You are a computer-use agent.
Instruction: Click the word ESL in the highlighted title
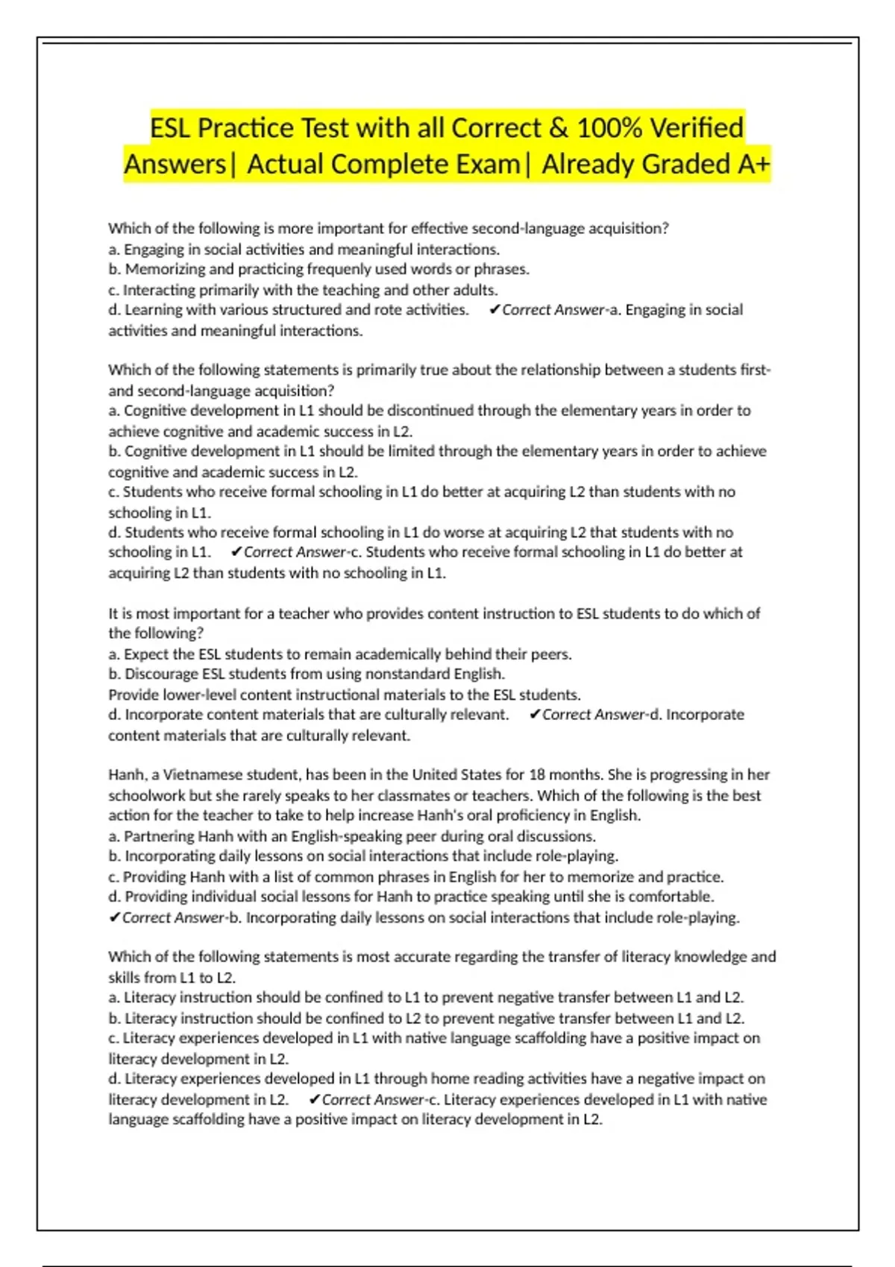point(171,128)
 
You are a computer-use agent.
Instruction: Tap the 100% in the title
point(609,128)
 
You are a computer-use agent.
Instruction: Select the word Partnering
point(158,836)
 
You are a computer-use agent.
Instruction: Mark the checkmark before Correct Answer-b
point(114,917)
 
